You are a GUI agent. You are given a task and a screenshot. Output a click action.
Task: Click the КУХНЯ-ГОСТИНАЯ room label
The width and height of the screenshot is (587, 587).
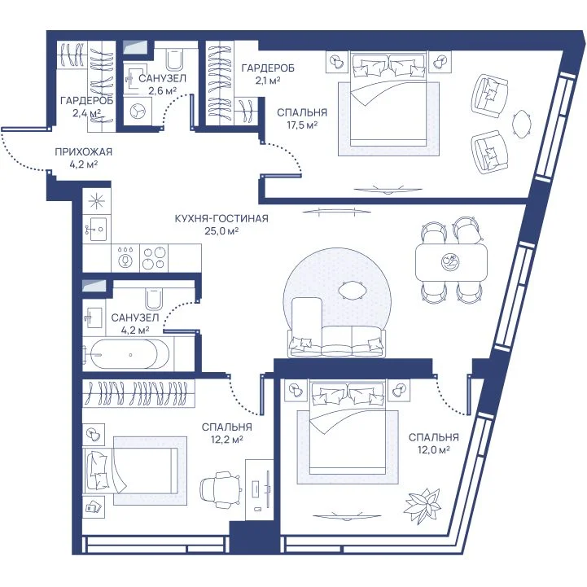(221, 218)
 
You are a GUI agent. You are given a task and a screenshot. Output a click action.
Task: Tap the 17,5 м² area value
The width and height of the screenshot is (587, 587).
(302, 125)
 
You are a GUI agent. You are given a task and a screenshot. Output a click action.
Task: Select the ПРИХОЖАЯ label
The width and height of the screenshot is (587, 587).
(84, 151)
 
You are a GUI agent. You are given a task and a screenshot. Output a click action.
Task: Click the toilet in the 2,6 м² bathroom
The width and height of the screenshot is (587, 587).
(174, 59)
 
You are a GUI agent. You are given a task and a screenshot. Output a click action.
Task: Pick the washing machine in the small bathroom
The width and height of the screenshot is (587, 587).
(137, 112)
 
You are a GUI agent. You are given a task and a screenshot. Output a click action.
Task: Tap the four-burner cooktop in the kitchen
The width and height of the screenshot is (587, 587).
(154, 258)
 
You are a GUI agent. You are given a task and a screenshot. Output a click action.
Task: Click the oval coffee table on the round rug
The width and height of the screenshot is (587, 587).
(351, 290)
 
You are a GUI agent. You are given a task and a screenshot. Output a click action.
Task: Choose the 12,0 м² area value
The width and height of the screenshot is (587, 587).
(433, 449)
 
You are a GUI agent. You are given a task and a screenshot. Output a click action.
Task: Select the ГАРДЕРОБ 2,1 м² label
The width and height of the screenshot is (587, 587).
(268, 74)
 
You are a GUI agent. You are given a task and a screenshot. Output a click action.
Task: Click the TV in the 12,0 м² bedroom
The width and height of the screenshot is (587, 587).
(339, 516)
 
